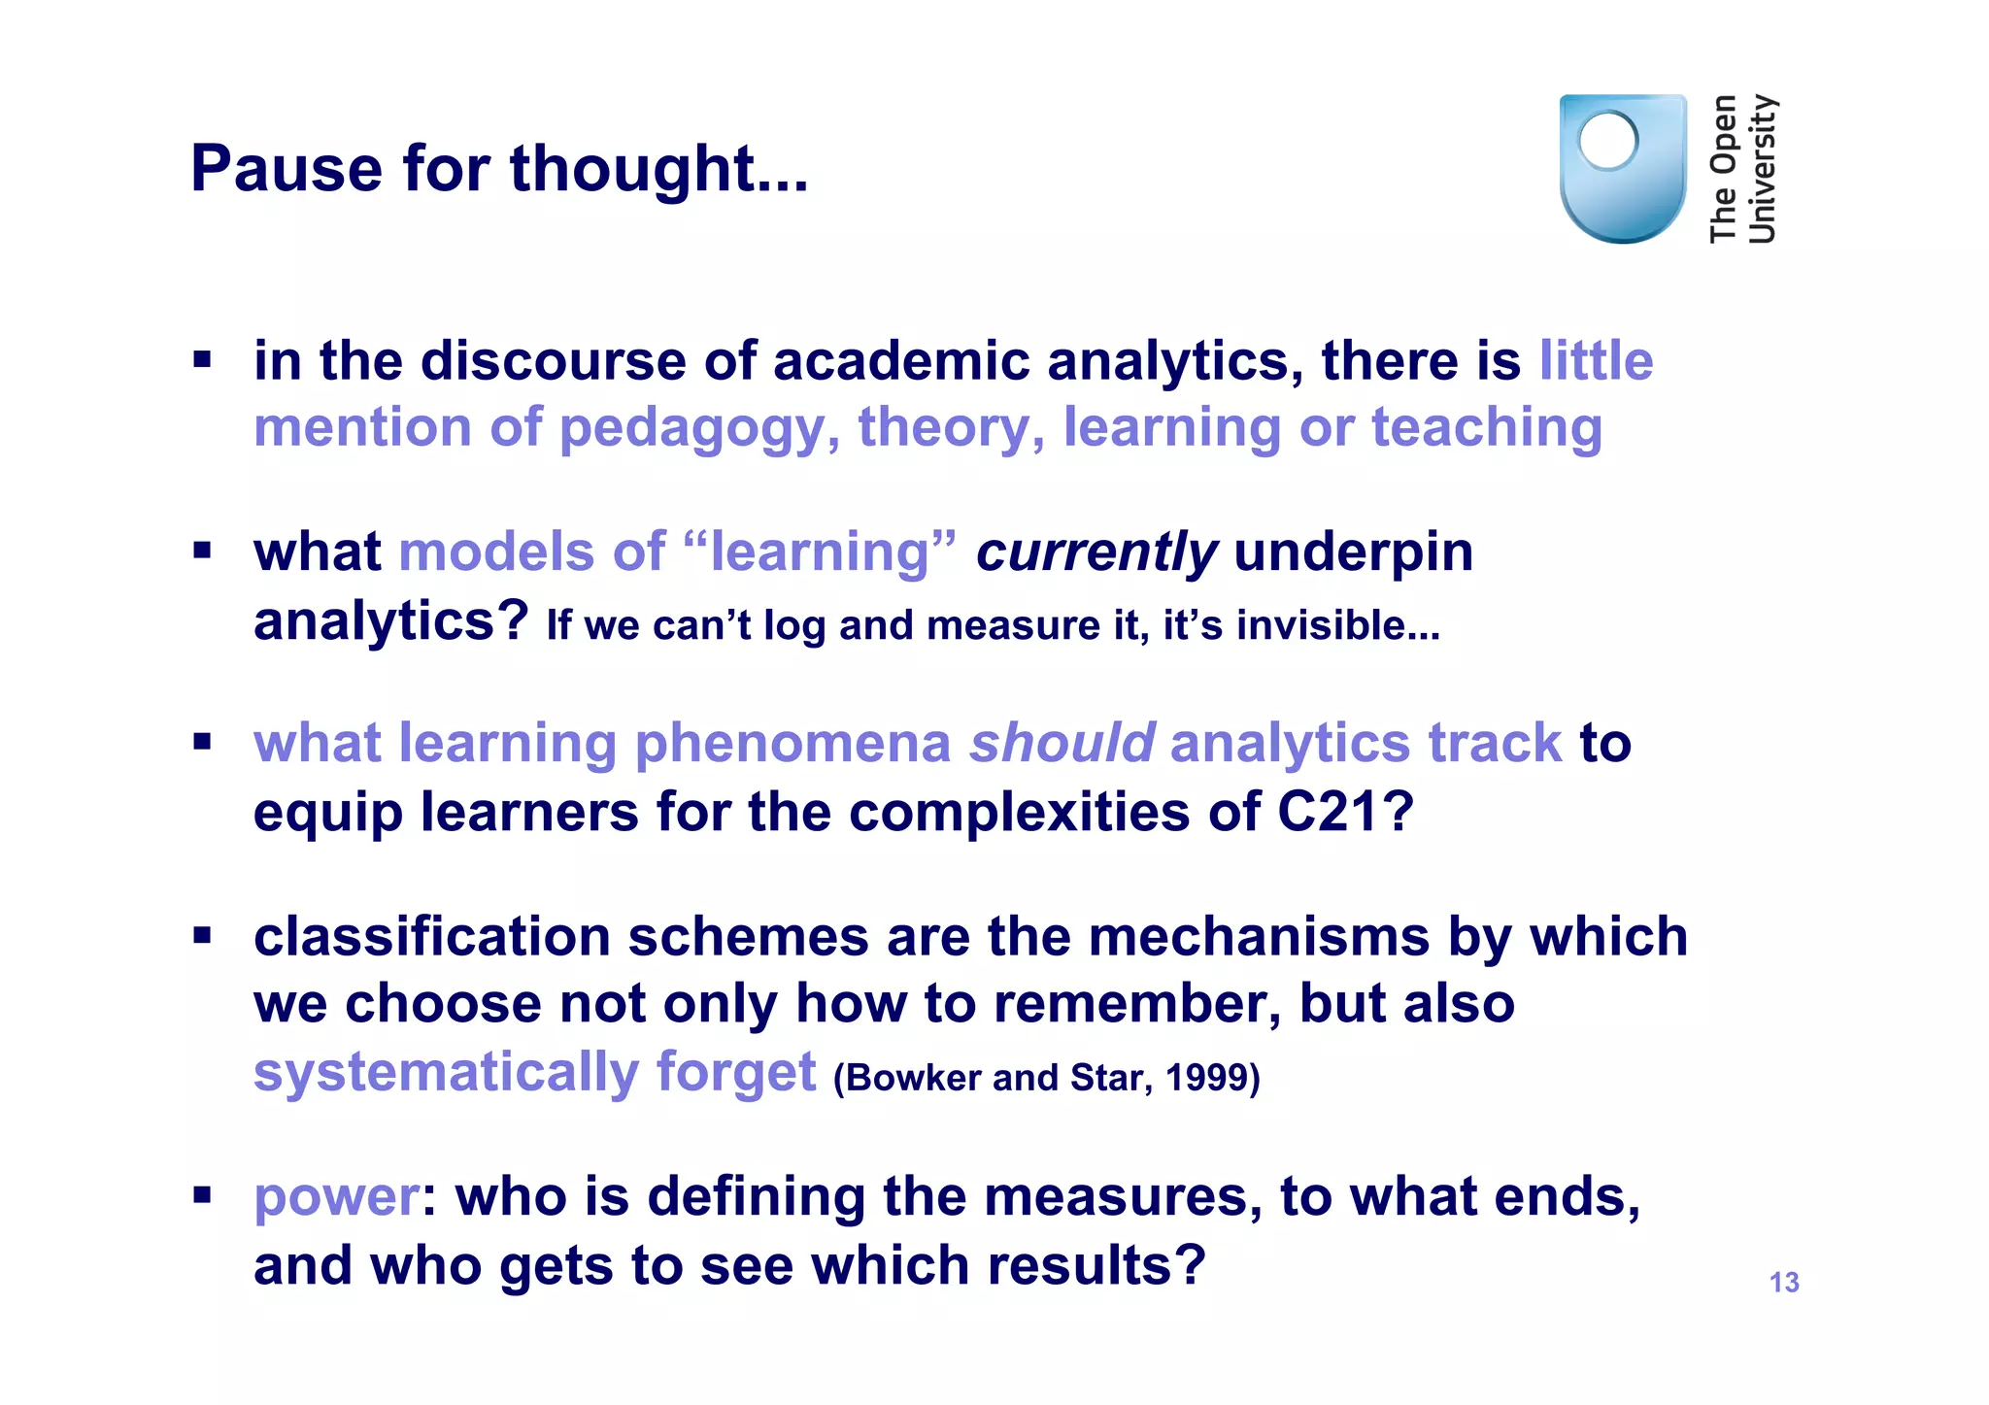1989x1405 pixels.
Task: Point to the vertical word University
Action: coord(1761,168)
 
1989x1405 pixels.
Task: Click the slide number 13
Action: coord(1783,1283)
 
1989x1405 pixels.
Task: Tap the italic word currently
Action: coord(1096,552)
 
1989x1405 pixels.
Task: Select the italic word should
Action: coord(1062,744)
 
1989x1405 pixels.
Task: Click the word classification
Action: coord(431,937)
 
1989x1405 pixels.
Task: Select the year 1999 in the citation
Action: coord(1212,1078)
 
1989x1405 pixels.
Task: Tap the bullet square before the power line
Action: coord(202,1193)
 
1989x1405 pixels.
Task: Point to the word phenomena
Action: coord(792,744)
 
